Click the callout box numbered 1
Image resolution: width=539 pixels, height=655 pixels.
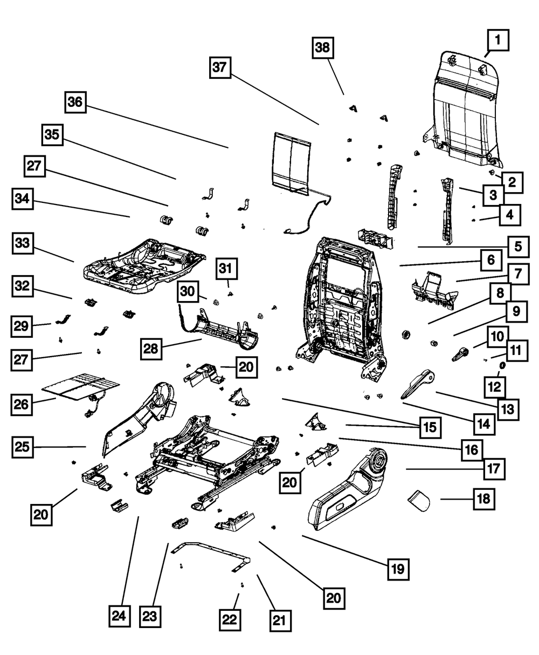click(498, 40)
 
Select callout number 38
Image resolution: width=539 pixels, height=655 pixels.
click(323, 47)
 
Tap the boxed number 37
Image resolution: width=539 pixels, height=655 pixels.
click(220, 67)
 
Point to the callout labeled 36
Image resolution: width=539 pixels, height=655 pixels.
click(75, 103)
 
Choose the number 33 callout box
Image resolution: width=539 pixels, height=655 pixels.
click(23, 243)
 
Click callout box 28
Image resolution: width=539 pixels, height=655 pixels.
click(151, 349)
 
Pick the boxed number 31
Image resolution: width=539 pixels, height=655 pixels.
click(226, 269)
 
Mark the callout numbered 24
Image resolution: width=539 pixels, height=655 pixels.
click(120, 616)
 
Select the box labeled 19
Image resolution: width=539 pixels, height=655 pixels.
click(398, 569)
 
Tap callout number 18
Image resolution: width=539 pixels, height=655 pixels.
click(484, 499)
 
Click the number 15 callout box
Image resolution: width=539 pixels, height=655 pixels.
click(430, 428)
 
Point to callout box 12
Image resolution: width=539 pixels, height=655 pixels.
click(495, 387)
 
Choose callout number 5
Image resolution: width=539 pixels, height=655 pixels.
click(519, 247)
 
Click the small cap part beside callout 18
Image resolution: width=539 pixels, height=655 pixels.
click(419, 501)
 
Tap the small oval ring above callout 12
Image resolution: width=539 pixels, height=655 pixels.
click(502, 365)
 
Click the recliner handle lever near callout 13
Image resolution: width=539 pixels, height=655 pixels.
click(418, 384)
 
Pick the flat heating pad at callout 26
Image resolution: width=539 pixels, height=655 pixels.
click(80, 387)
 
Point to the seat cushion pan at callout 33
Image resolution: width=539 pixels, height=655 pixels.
click(144, 267)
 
